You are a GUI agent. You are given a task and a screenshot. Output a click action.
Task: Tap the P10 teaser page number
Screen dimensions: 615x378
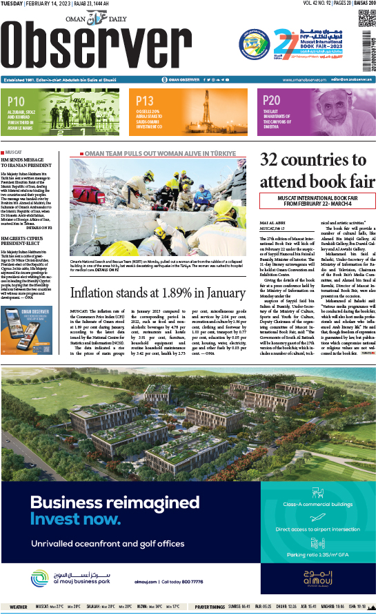pyautogui.click(x=15, y=100)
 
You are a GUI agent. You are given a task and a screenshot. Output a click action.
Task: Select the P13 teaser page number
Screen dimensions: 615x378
pyautogui.click(x=144, y=100)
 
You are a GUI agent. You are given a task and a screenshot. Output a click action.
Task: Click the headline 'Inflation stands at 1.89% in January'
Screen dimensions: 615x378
pyautogui.click(x=157, y=293)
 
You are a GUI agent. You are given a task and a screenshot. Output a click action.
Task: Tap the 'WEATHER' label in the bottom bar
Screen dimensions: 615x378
pyautogui.click(x=19, y=607)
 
